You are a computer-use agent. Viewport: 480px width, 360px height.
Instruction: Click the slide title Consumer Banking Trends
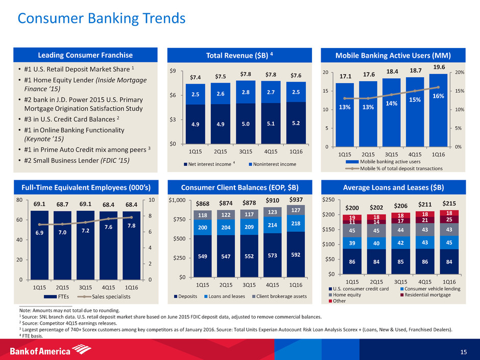tap(101, 18)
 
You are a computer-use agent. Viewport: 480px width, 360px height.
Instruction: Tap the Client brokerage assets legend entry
tap(278, 296)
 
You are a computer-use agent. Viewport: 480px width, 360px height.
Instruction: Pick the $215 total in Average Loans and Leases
tap(449, 202)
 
